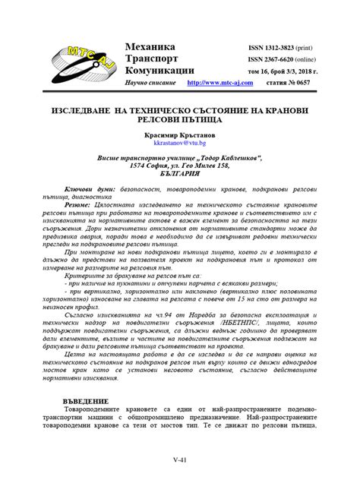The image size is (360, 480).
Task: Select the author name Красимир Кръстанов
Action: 180,133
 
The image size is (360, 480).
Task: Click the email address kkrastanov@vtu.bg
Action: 180,142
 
